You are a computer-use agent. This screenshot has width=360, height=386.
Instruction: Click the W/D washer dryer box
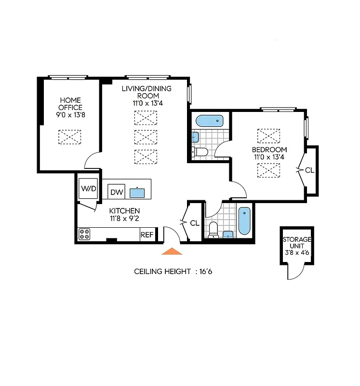(89, 188)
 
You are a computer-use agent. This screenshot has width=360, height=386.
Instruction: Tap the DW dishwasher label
(116, 192)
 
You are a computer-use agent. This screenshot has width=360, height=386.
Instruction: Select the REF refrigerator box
(147, 235)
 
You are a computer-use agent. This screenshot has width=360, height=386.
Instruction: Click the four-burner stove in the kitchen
(85, 234)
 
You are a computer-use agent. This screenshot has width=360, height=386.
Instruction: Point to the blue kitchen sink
(137, 193)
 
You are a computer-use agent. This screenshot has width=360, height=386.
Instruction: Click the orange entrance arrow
(172, 251)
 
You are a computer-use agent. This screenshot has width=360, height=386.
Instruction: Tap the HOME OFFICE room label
(70, 104)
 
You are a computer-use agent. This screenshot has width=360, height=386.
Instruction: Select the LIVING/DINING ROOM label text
(147, 92)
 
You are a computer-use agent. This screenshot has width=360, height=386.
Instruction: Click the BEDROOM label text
(269, 150)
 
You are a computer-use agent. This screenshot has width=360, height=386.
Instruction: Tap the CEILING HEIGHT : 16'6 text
(173, 272)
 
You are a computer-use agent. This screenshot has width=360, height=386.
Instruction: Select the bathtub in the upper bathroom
(210, 121)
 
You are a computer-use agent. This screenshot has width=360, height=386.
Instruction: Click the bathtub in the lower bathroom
(244, 220)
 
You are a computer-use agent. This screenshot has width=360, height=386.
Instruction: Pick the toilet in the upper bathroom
(200, 152)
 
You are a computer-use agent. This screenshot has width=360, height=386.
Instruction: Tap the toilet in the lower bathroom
(213, 230)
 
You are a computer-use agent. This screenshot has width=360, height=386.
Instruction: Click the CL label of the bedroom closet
(309, 170)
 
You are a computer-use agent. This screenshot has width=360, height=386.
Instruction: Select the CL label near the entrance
(195, 223)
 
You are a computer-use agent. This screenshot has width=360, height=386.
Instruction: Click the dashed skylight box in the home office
(70, 137)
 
